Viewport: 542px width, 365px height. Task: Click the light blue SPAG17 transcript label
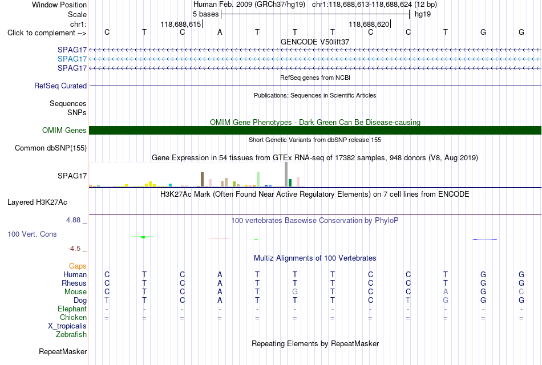[72, 59]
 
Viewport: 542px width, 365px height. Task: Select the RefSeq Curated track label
[60, 86]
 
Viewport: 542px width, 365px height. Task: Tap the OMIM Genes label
[64, 130]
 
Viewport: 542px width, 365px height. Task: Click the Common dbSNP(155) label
[51, 148]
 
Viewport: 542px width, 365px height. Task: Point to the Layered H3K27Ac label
[37, 202]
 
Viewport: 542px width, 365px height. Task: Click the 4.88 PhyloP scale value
[73, 220]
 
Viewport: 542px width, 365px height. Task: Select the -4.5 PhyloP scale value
[74, 249]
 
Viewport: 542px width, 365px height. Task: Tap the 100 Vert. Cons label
[32, 234]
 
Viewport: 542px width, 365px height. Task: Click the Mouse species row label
[75, 292]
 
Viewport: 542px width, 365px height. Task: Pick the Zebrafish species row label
[71, 335]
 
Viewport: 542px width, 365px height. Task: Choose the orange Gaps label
[78, 266]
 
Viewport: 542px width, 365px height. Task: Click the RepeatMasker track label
[63, 351]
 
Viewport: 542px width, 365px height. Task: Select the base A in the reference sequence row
[220, 33]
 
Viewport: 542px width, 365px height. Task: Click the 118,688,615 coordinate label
[180, 24]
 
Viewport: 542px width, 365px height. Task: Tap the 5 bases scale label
[205, 14]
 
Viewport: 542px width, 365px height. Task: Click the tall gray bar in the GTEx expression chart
[286, 174]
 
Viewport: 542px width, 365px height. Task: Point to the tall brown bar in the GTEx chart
[202, 180]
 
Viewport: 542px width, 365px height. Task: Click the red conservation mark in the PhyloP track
[220, 238]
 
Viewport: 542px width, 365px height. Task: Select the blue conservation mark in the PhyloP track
[484, 239]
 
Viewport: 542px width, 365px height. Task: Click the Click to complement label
[47, 33]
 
